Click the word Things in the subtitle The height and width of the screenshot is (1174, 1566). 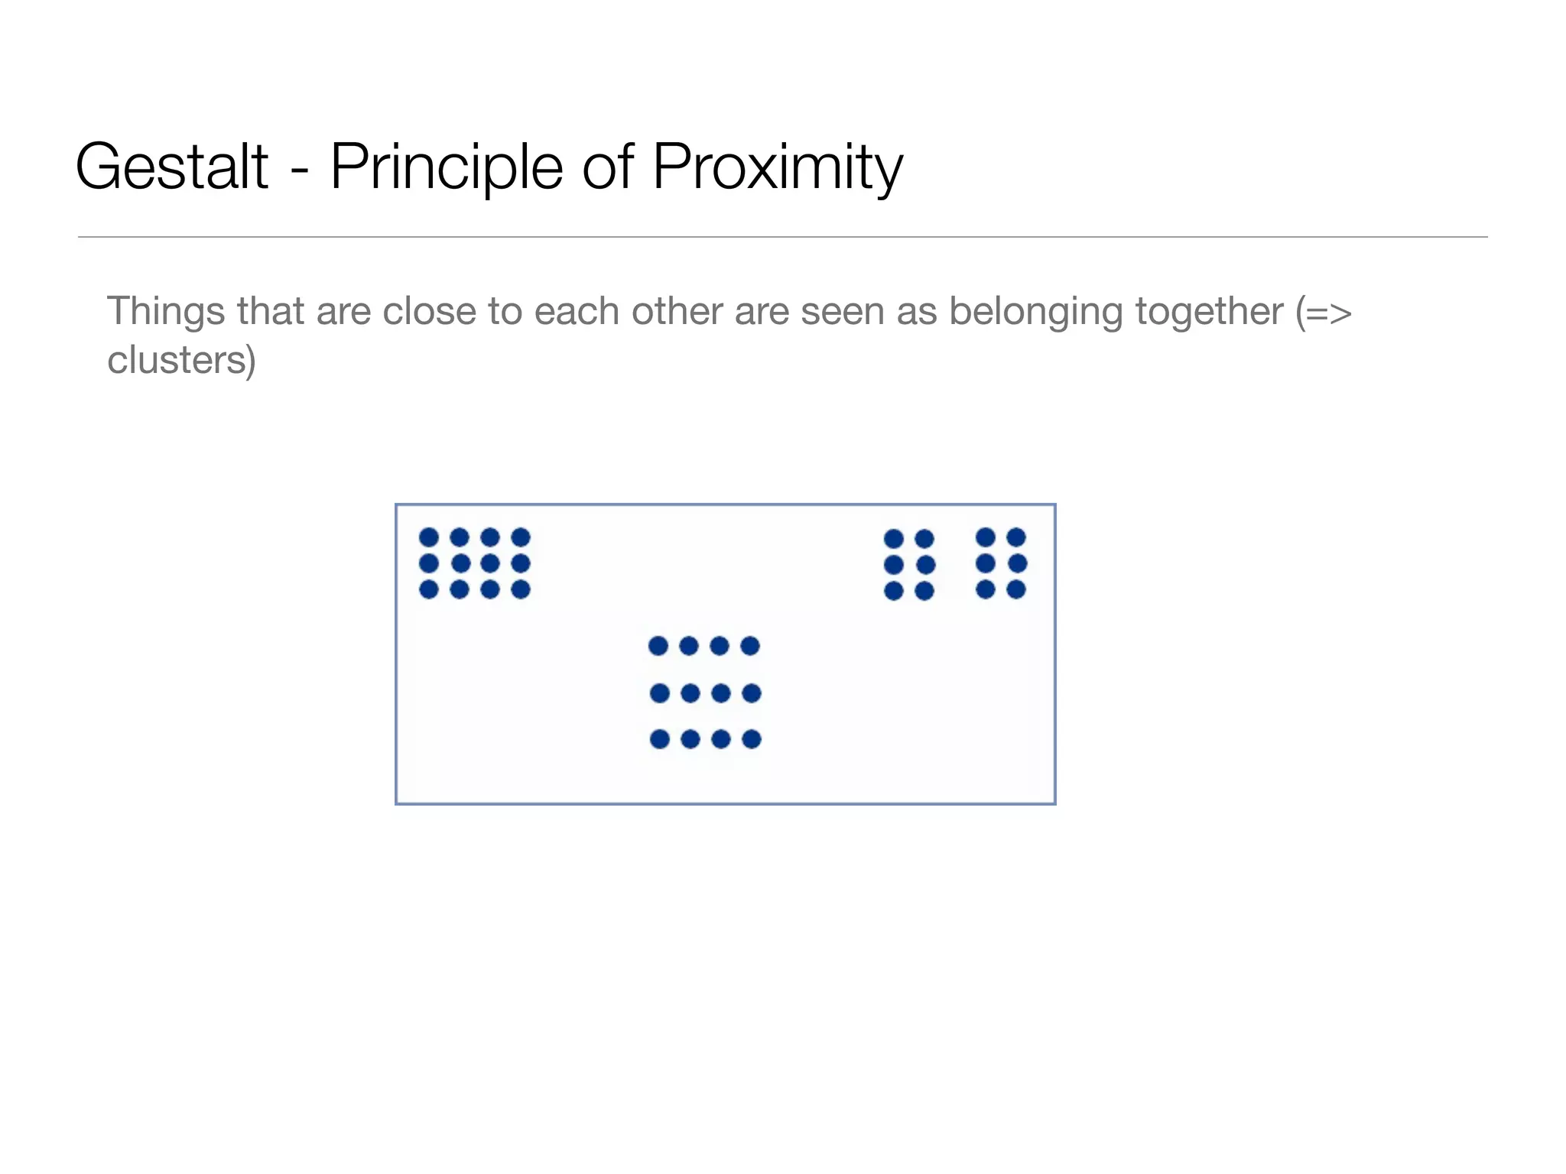tap(166, 312)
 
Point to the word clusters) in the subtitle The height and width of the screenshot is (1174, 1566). tap(181, 360)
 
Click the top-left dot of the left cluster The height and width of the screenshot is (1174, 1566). tap(429, 537)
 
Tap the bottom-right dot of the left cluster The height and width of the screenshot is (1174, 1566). tap(521, 589)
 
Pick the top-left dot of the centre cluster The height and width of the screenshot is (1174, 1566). tap(658, 646)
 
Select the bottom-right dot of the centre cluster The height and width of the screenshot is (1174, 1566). tap(752, 739)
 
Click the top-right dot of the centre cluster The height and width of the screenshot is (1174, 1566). tap(750, 646)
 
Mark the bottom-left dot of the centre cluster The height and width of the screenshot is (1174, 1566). tap(660, 739)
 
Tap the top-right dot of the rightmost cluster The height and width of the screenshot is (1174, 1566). tap(1016, 537)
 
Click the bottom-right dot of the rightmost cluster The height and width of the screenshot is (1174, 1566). tap(1016, 589)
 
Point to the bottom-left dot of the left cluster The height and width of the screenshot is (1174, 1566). tap(429, 589)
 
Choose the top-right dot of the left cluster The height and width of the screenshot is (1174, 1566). tap(521, 537)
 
